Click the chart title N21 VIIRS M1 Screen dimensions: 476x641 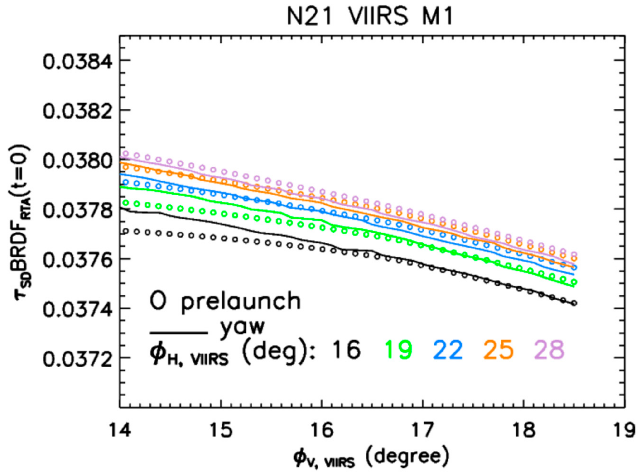pyautogui.click(x=370, y=16)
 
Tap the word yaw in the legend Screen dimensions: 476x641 pyautogui.click(x=242, y=328)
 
